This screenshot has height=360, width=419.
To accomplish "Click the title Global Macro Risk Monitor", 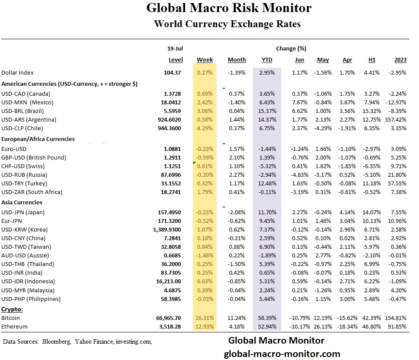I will pos(229,8).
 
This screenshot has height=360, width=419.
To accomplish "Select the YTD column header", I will pos(267,60).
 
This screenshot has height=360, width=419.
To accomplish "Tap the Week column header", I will pos(205,60).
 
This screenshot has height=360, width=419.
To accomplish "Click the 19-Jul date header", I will pos(175,49).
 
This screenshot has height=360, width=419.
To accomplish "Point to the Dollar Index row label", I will pos(18,73).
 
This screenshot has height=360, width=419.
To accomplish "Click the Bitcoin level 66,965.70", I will pos(169,318).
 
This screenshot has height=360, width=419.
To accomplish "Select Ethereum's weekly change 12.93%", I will pos(205,326).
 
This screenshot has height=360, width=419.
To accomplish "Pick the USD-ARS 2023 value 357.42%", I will pos(396,119).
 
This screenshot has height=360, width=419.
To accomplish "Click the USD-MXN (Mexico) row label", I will pos(26,102).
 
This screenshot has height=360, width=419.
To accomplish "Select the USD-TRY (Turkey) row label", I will pos(25,183).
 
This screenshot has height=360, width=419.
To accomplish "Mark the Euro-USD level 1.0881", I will pos(173,149).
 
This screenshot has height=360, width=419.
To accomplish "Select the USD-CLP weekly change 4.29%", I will pos(205,128).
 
